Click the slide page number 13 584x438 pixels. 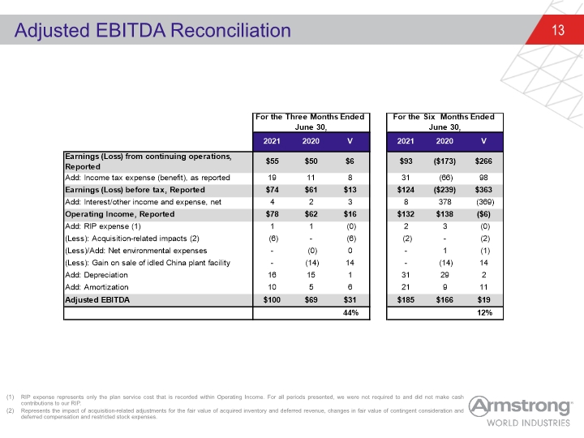558,30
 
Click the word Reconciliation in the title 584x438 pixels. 230,30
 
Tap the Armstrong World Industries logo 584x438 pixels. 520,411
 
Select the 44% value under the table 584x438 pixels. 350,313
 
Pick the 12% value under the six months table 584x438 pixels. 484,313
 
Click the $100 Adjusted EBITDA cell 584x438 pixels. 272,300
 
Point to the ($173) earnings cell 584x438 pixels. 444,161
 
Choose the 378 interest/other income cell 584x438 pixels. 444,202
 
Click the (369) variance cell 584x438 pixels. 485,202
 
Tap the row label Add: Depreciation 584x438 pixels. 97,275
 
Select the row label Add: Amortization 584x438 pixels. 97,287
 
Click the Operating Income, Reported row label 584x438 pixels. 120,214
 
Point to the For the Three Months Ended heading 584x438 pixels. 310,117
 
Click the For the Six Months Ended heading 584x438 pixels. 444,117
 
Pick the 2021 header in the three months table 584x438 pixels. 272,141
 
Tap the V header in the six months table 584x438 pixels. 483,141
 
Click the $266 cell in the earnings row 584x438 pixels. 483,161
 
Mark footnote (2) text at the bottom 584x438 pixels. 242,414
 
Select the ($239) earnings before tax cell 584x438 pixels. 444,190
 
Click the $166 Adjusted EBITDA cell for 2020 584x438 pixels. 444,300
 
